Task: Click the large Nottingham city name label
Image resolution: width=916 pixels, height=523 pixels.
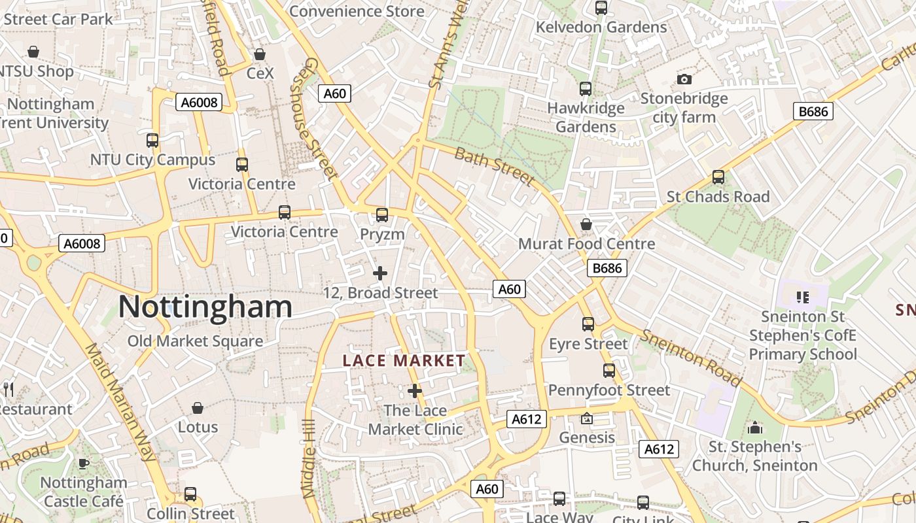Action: tap(205, 307)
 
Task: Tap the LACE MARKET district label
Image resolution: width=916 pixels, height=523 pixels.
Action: tap(404, 361)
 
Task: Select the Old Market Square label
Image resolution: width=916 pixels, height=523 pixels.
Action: tap(195, 341)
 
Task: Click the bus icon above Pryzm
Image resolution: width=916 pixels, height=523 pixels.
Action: tap(382, 214)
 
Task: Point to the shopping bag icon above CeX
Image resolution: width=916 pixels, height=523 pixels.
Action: tap(260, 54)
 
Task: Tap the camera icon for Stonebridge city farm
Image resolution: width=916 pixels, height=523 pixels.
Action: tap(684, 79)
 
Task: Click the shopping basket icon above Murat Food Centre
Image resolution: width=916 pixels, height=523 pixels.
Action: tap(586, 224)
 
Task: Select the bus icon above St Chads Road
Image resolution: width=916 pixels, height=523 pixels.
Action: tap(718, 177)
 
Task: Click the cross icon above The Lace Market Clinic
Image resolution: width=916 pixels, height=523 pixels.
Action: tap(415, 391)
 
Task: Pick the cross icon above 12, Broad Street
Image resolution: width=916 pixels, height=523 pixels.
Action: tap(380, 273)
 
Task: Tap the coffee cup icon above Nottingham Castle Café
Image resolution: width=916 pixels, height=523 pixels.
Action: tap(83, 464)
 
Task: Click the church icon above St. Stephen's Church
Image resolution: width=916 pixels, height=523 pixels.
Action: tap(755, 428)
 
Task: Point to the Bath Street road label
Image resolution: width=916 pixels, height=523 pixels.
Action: tap(495, 166)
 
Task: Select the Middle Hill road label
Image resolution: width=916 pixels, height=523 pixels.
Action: tap(309, 458)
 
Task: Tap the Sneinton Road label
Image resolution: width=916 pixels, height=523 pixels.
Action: tap(691, 358)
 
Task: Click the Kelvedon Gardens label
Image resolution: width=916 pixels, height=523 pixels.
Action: tap(601, 27)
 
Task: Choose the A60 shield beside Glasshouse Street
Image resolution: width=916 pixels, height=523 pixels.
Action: tap(334, 93)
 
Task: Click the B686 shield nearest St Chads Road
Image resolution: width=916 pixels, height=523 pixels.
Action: tap(813, 111)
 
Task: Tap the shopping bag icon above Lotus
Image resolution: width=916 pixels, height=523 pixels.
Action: tap(198, 408)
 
